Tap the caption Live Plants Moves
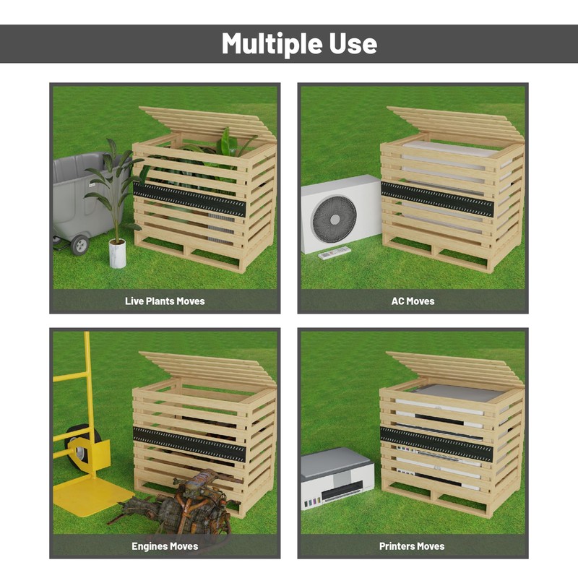(165, 301)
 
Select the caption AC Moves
(413, 301)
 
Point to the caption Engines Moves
(165, 546)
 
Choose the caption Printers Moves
(412, 546)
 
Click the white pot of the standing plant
(117, 254)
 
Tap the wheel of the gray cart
(79, 244)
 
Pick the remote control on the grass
(335, 252)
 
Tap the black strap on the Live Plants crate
(189, 199)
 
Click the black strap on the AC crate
(436, 199)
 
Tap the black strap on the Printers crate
(436, 444)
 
